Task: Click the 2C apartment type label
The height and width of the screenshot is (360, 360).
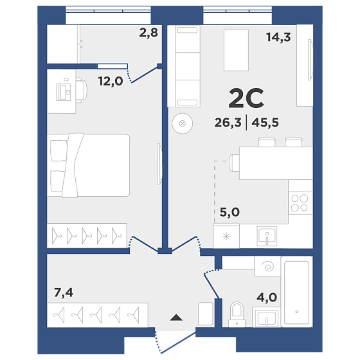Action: click(x=246, y=98)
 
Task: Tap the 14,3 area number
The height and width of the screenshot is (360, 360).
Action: click(x=278, y=37)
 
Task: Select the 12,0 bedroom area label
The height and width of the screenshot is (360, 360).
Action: click(x=111, y=81)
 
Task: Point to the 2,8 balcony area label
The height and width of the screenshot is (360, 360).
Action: click(x=148, y=33)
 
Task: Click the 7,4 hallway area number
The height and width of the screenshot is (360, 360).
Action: click(x=64, y=292)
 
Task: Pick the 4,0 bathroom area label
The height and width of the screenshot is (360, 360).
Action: click(x=267, y=298)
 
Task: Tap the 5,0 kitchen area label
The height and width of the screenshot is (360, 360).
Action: click(x=230, y=212)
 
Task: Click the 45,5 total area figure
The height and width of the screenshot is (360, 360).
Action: click(x=265, y=122)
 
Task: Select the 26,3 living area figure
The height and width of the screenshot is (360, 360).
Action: click(x=228, y=122)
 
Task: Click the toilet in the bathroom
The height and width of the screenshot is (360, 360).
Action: click(x=237, y=314)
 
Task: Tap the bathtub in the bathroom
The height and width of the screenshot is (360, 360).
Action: click(x=296, y=292)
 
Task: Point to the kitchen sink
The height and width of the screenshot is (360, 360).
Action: click(x=267, y=236)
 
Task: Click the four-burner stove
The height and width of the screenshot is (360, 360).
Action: click(x=300, y=203)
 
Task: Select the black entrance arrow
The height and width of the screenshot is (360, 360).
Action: click(x=176, y=318)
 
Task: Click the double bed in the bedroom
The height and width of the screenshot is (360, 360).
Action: click(x=89, y=165)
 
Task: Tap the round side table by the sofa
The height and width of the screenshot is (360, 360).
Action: click(x=183, y=123)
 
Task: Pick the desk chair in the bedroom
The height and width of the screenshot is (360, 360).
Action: click(x=82, y=91)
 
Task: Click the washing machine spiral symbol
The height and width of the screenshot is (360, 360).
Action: click(x=267, y=266)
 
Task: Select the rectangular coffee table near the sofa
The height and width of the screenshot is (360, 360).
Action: click(x=237, y=50)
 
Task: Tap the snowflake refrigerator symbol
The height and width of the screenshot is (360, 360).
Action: click(x=226, y=237)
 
